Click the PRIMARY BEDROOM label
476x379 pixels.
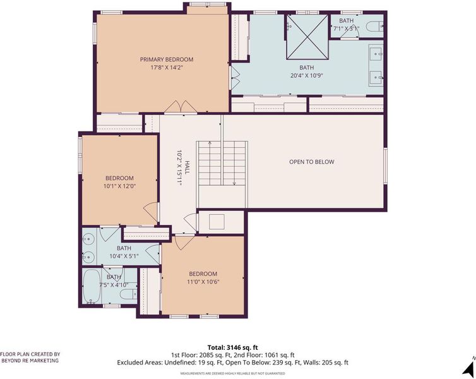[167, 59]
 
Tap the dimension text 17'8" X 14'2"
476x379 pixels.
[167, 68]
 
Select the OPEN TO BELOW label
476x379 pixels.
[311, 162]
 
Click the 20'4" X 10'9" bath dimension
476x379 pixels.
[307, 75]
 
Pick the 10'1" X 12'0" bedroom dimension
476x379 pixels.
[119, 186]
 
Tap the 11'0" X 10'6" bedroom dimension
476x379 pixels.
[203, 282]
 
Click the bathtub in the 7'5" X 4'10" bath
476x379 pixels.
[92, 286]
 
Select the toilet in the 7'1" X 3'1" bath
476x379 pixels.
[374, 27]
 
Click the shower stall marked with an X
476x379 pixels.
[307, 37]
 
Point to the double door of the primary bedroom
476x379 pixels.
[181, 107]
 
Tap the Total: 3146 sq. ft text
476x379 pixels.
[233, 347]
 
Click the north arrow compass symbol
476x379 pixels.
[469, 367]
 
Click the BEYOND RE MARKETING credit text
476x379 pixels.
[30, 361]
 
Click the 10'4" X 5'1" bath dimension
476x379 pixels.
[124, 256]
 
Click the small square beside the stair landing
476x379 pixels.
[217, 222]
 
